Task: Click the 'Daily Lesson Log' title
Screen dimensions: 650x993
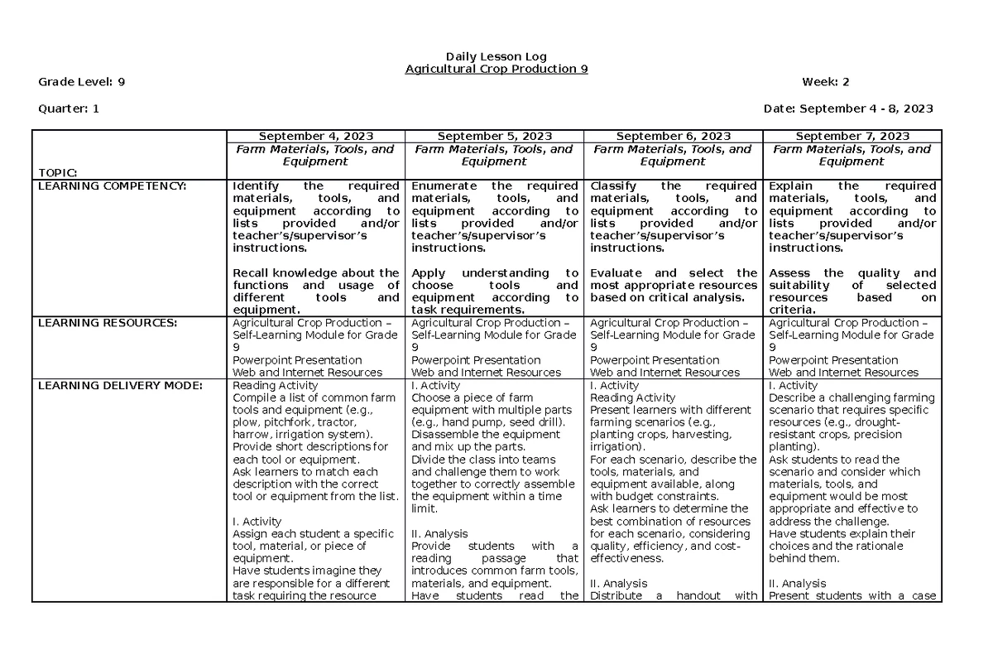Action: click(496, 56)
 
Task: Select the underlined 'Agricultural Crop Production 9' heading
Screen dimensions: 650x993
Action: click(496, 69)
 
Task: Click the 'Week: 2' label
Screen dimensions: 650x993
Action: click(826, 81)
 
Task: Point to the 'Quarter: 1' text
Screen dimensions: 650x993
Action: click(69, 108)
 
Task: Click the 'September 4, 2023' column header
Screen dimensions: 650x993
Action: click(315, 137)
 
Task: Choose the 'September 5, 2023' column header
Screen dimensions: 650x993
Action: click(494, 137)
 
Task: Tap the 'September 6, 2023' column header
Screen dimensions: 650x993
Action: click(673, 137)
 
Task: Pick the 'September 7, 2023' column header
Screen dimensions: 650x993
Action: click(852, 137)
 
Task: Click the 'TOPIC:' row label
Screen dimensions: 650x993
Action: click(57, 172)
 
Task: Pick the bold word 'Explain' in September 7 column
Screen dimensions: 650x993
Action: click(791, 186)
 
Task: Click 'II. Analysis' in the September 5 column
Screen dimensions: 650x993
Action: click(439, 534)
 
